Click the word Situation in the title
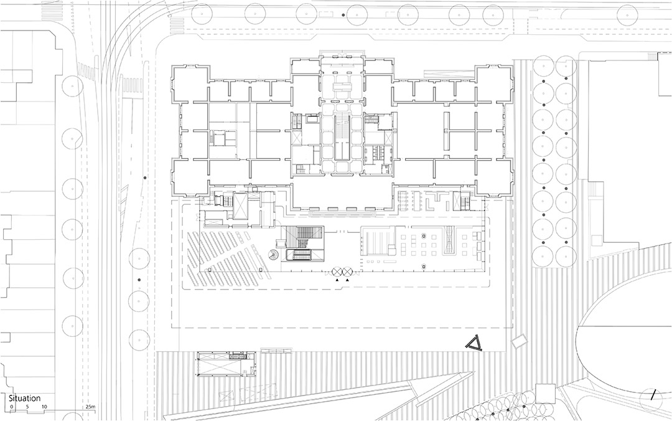25,399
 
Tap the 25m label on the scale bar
90,407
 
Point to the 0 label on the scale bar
12,407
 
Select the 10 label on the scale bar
44,407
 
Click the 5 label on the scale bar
27,407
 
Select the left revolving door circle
337,272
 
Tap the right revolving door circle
347,272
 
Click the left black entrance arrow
337,280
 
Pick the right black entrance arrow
347,280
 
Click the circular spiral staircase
272,255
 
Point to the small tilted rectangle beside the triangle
520,341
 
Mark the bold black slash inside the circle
653,395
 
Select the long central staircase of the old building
342,138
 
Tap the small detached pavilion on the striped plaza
226,364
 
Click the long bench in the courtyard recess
342,212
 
